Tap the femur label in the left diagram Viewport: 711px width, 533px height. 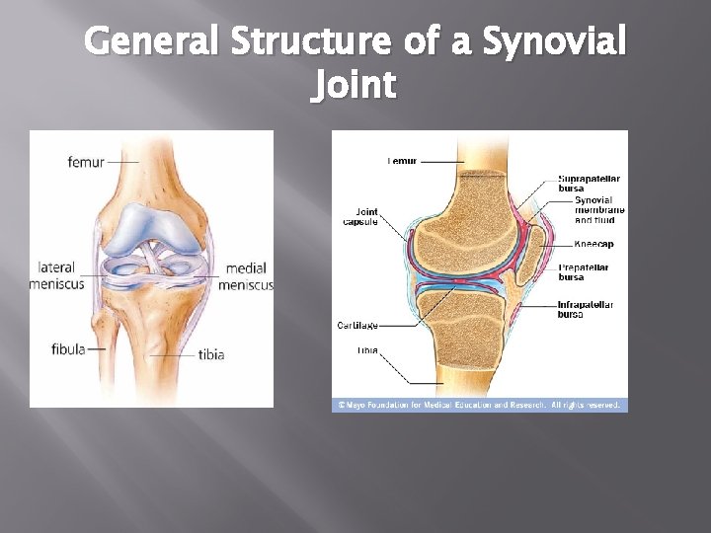click(86, 161)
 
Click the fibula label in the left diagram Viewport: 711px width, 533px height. click(68, 348)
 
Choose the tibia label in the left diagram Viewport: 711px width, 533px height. click(211, 354)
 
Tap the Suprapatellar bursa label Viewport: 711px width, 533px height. click(590, 184)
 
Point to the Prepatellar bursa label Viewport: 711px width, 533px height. click(584, 271)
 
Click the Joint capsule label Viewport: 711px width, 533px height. click(366, 216)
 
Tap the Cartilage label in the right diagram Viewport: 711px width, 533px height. click(357, 325)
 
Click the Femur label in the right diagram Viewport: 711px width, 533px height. click(402, 161)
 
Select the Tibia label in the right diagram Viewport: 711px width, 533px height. click(367, 350)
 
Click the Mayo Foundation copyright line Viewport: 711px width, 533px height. click(479, 405)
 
